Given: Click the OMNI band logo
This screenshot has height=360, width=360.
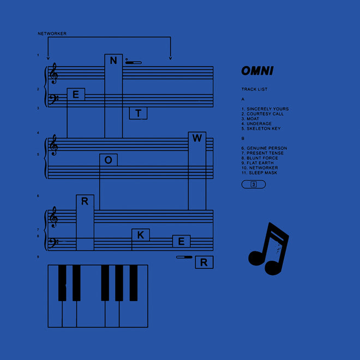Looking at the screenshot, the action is click(x=257, y=71).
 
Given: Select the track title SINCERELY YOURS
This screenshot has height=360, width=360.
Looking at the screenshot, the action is click(x=268, y=109).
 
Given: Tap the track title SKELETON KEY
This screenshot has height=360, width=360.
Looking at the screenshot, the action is click(x=263, y=129).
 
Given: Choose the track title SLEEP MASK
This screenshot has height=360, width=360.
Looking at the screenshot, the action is click(x=263, y=173).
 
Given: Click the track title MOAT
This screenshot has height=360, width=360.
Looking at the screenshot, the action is click(x=253, y=119).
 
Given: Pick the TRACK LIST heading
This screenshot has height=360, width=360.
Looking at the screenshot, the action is click(x=254, y=89).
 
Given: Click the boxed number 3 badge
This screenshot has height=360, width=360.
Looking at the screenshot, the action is click(x=254, y=184).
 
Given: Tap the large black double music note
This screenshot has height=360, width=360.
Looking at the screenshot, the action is click(x=268, y=249).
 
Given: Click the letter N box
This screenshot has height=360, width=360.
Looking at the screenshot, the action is click(x=113, y=61).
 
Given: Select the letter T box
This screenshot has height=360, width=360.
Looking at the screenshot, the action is click(x=138, y=113).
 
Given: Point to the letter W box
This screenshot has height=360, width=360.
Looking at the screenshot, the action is click(x=197, y=138).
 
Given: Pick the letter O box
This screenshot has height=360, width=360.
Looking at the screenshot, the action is click(x=109, y=160).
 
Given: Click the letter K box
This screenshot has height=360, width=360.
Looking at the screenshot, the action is click(x=141, y=235).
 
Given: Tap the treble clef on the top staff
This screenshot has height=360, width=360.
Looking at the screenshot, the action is click(x=53, y=74).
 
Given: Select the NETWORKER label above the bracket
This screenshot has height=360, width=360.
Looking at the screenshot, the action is click(x=52, y=33).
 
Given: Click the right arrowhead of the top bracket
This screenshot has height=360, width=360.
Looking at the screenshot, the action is click(x=170, y=58).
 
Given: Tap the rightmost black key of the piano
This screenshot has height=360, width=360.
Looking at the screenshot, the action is click(x=134, y=283).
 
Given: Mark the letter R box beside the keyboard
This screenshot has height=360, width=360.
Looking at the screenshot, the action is click(x=204, y=262).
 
